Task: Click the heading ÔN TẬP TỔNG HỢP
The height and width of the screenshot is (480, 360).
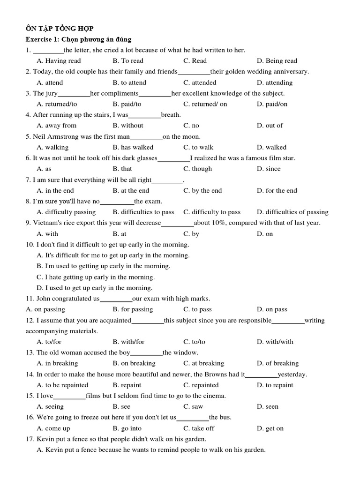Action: [x=60, y=29]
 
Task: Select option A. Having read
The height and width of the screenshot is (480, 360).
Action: [x=59, y=61]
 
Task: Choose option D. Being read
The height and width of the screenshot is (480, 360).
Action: [x=277, y=61]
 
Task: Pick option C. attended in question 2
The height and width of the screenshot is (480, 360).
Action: [x=200, y=82]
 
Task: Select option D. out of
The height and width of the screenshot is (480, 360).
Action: [x=270, y=126]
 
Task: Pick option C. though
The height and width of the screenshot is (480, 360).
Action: [x=197, y=169]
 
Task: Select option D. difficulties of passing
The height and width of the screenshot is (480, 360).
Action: [x=292, y=212]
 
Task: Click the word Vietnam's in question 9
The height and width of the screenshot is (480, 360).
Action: [x=46, y=223]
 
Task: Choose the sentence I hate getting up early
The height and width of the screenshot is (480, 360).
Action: [x=96, y=277]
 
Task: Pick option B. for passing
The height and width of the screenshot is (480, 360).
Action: [x=133, y=309]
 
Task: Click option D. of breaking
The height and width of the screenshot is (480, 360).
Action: [x=277, y=363]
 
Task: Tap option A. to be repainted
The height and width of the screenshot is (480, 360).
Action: [x=62, y=385]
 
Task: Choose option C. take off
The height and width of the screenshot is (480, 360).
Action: [x=199, y=428]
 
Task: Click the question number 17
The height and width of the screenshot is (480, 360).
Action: [x=30, y=439]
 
